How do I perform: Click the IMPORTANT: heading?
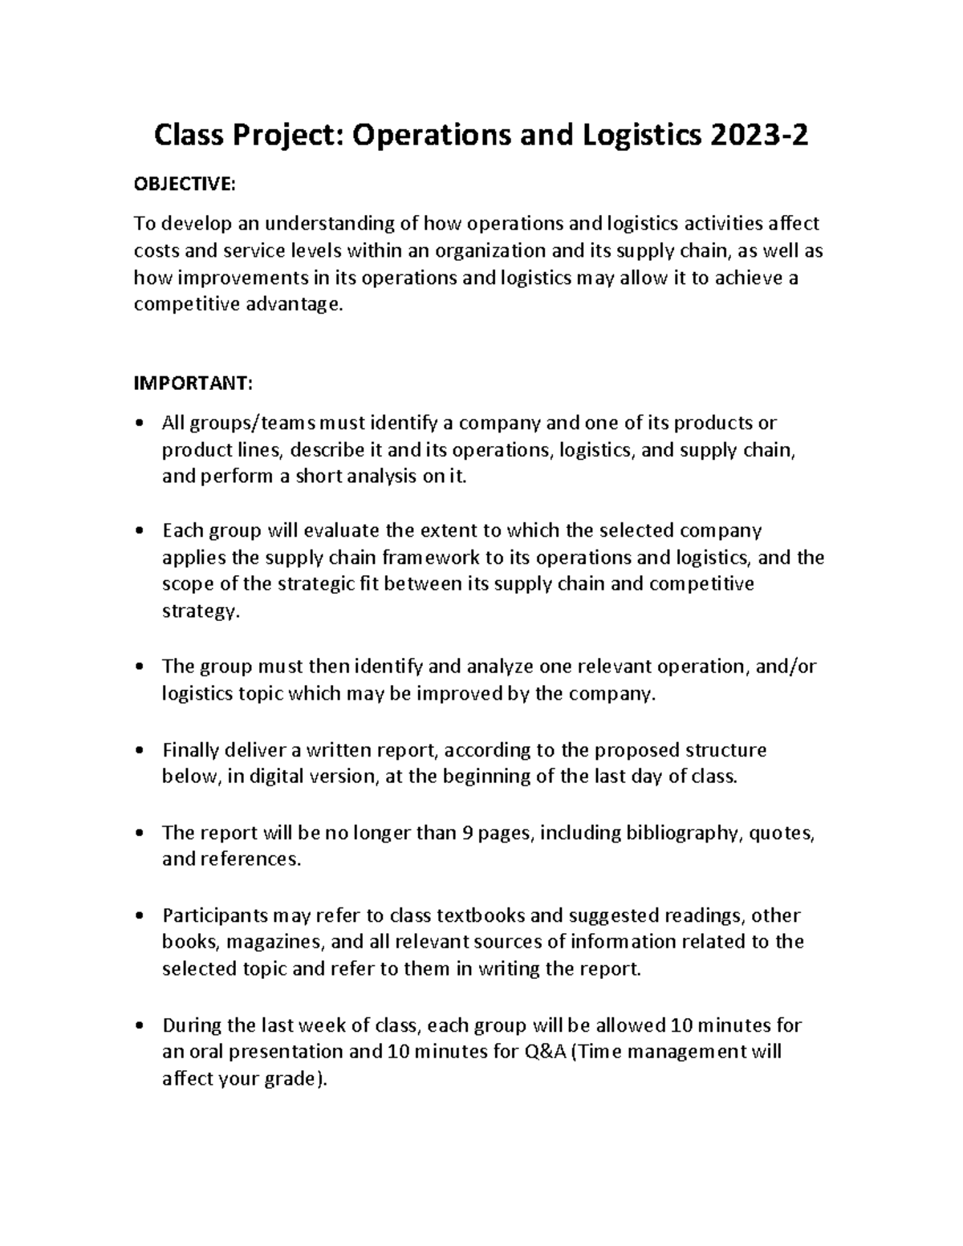pyautogui.click(x=193, y=384)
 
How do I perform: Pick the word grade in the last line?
pyautogui.click(x=280, y=1080)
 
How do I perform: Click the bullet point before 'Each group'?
pyautogui.click(x=140, y=531)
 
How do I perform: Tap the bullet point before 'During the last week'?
pyautogui.click(x=140, y=1026)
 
